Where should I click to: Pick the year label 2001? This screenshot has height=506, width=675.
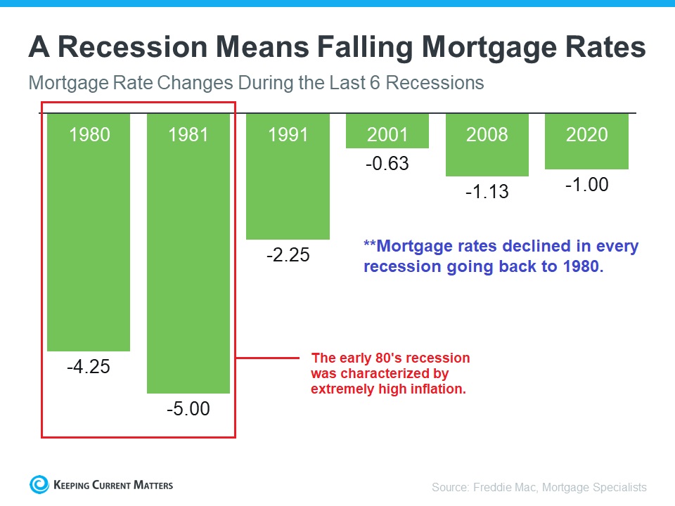[387, 134]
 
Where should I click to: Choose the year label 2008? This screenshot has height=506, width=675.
[487, 134]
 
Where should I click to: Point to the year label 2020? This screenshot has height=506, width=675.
[586, 134]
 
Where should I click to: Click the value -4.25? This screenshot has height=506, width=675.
[89, 366]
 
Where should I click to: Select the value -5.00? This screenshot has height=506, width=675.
[188, 408]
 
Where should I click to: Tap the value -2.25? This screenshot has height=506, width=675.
[288, 255]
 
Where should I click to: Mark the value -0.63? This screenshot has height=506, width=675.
[387, 164]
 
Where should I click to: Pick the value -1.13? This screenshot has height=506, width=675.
[487, 191]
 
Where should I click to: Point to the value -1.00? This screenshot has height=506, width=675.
[586, 185]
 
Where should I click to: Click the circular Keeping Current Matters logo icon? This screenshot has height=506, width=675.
[39, 484]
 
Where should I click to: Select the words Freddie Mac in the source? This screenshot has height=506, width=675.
[501, 487]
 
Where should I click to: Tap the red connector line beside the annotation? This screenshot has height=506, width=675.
[271, 358]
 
